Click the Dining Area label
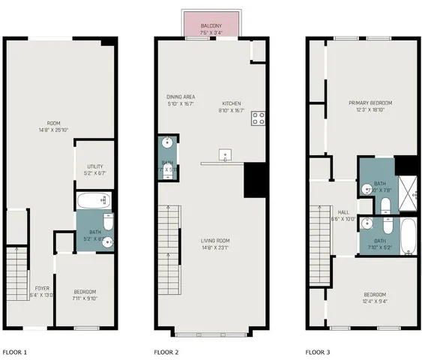click(181, 100)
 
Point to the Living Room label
click(214, 244)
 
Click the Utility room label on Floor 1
click(94, 169)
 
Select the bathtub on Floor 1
click(94, 200)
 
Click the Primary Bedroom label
click(370, 106)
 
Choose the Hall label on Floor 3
click(343, 215)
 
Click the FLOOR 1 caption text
click(14, 351)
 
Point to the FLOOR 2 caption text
click(167, 351)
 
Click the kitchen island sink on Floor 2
click(224, 155)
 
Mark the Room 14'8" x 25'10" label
click(53, 127)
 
